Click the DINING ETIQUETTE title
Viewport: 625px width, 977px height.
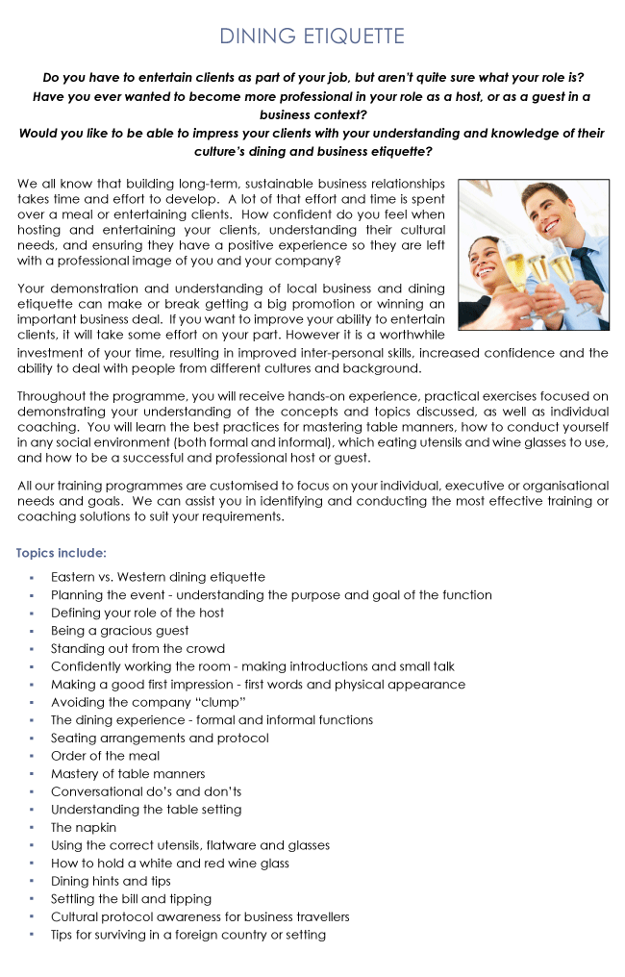pyautogui.click(x=312, y=37)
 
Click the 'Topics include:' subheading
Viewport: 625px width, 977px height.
pyautogui.click(x=62, y=553)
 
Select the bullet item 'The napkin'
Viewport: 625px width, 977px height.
pyautogui.click(x=84, y=827)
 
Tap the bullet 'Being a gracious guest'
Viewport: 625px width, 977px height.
pyautogui.click(x=120, y=631)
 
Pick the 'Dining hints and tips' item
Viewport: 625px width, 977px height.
pyautogui.click(x=111, y=881)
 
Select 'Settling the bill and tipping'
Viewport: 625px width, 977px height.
pyautogui.click(x=131, y=898)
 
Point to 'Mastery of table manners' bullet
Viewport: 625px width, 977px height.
pyautogui.click(x=128, y=773)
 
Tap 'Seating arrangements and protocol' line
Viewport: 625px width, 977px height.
pyautogui.click(x=160, y=738)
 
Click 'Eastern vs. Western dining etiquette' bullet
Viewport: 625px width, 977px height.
pyautogui.click(x=158, y=577)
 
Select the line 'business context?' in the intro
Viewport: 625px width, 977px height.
pyautogui.click(x=312, y=114)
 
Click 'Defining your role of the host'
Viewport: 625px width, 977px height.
pyautogui.click(x=137, y=613)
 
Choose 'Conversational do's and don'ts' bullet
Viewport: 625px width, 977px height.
pyautogui.click(x=146, y=791)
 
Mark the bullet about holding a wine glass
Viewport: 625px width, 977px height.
pyautogui.click(x=170, y=863)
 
